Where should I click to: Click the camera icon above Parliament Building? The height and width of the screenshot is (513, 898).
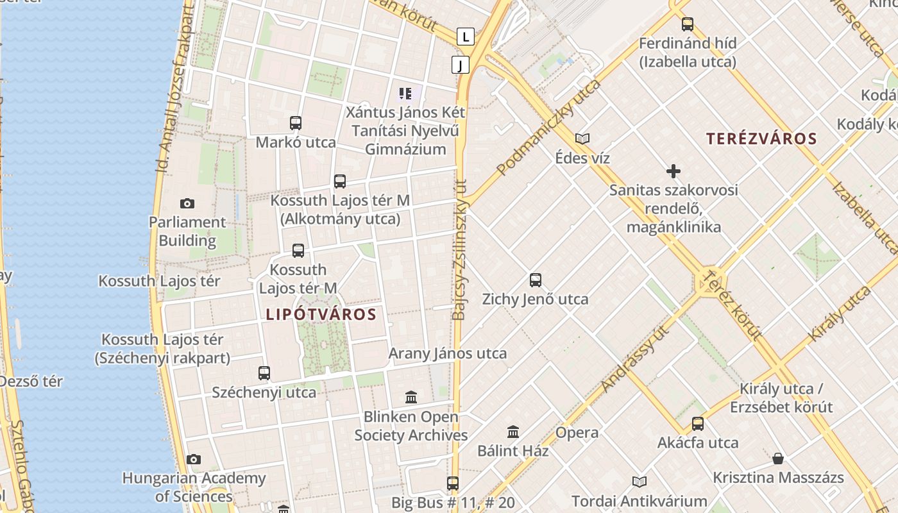[187, 204]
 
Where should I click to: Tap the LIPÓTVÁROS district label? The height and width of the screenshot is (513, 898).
[320, 314]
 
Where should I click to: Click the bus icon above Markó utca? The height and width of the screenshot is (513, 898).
[296, 123]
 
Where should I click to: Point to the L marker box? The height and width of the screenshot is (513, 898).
[466, 37]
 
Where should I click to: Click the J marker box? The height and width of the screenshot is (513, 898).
[461, 64]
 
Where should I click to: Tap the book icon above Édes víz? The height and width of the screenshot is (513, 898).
[582, 139]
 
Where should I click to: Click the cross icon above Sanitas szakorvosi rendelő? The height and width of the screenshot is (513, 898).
[673, 171]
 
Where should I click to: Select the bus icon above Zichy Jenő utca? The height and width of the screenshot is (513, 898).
[536, 280]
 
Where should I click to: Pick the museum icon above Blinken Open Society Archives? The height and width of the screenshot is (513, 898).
[411, 398]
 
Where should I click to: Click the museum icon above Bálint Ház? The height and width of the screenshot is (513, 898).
[513, 432]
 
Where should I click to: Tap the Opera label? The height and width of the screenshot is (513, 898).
[577, 432]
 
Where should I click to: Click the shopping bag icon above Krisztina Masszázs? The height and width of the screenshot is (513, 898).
[778, 458]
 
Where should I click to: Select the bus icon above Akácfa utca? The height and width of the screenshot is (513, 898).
[698, 424]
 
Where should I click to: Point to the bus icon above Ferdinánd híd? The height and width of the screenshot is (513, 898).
[688, 24]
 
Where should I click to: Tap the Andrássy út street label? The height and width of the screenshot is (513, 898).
[635, 359]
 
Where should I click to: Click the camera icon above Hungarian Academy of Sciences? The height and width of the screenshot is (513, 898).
[194, 459]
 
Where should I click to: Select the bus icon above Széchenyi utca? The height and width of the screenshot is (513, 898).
[264, 373]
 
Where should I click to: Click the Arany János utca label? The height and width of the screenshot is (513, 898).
[448, 353]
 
